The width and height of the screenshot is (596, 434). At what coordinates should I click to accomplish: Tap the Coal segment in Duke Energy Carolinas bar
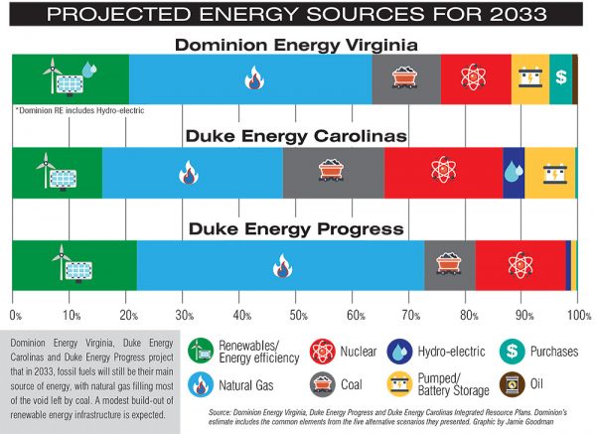(x=333, y=172)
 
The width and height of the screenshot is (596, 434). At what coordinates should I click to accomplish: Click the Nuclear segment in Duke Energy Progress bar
(x=521, y=266)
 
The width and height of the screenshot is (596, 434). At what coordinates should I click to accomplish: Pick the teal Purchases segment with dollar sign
(x=560, y=78)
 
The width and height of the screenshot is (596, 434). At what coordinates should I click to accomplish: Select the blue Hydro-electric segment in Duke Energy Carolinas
(x=514, y=172)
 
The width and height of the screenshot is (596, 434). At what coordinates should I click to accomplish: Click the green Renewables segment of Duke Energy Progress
(x=74, y=266)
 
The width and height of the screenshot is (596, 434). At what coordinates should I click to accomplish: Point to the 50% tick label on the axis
(x=296, y=313)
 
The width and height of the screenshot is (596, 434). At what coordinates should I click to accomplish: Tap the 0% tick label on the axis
(x=14, y=313)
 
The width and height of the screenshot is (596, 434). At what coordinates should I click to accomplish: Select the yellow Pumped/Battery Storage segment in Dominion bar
(x=529, y=78)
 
